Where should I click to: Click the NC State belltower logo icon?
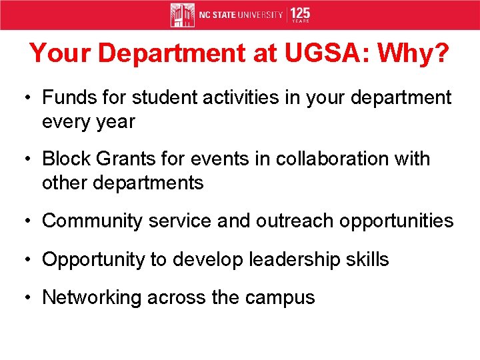(x=182, y=15)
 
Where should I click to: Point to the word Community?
(x=92, y=221)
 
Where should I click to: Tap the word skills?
(x=367, y=259)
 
